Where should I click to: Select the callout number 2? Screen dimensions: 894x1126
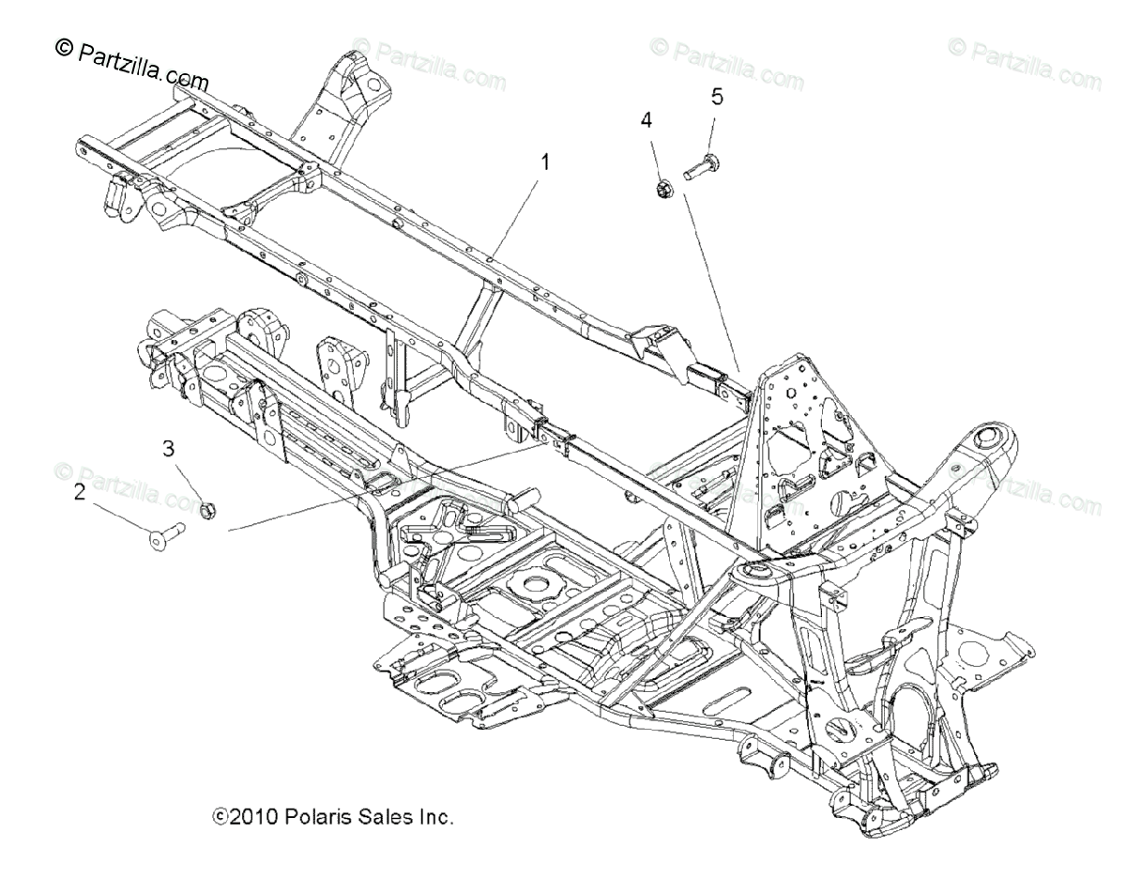pos(80,491)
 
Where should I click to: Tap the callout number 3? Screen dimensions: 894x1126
pos(169,449)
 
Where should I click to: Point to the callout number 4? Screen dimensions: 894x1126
pos(673,119)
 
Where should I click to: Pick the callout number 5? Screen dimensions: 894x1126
pos(717,96)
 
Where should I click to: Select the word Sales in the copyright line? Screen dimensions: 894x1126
pos(388,817)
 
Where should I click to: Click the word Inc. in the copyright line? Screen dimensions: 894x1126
pos(434,817)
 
